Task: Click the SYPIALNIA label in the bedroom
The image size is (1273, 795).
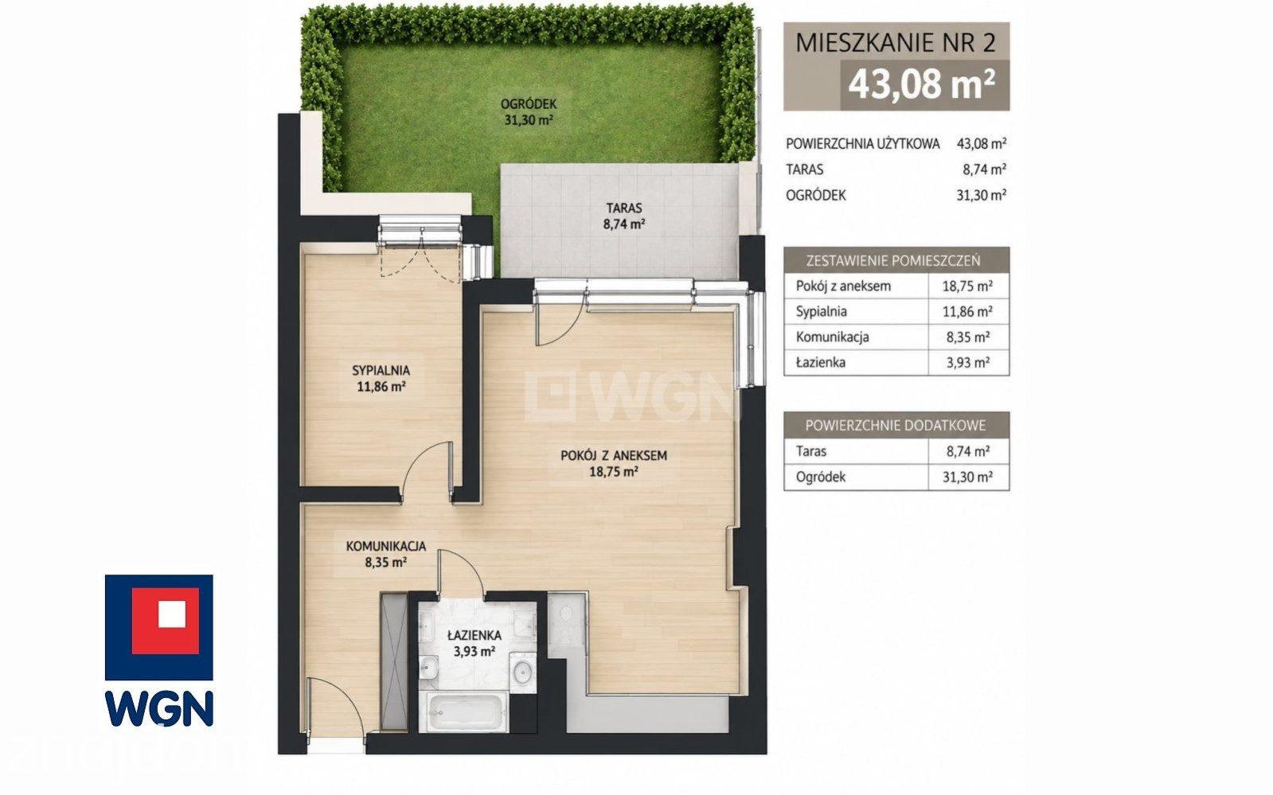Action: tap(381, 371)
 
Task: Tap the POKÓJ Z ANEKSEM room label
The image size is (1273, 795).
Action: tap(613, 456)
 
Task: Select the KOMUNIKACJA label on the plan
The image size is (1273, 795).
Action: tap(386, 547)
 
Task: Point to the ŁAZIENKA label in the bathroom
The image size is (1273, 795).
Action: tap(474, 635)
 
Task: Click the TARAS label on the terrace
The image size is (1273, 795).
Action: tap(623, 208)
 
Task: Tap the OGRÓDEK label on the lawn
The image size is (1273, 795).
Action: tap(529, 104)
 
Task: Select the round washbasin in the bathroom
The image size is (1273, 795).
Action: tap(522, 672)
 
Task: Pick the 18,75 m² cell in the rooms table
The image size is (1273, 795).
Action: tap(967, 286)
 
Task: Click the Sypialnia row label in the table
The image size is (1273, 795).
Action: tap(821, 312)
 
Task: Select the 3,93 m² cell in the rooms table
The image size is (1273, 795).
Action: tap(968, 363)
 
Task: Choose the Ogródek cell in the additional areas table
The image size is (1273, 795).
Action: tap(821, 477)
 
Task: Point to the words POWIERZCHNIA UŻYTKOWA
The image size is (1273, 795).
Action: tap(863, 144)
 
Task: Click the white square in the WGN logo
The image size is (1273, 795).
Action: tap(172, 614)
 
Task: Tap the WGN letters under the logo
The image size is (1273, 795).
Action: tap(159, 708)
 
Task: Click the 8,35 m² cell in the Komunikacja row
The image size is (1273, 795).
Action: tap(968, 337)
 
